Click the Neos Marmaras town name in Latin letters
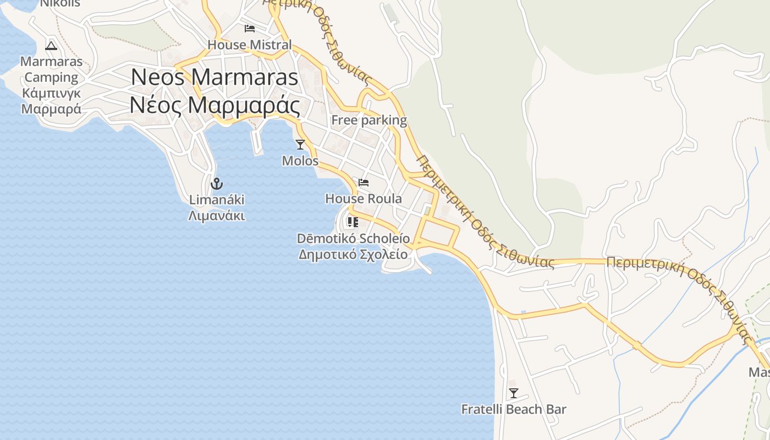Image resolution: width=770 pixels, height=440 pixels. [215, 77]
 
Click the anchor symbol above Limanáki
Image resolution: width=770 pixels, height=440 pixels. [216, 183]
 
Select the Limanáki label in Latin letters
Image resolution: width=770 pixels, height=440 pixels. [217, 200]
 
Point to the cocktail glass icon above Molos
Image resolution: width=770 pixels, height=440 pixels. [300, 145]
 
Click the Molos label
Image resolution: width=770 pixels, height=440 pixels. [300, 161]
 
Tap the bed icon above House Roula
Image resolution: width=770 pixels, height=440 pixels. [364, 183]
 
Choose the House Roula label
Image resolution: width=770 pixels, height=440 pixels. [364, 199]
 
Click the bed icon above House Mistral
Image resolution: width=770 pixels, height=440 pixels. [250, 29]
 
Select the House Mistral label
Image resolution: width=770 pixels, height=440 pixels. [250, 45]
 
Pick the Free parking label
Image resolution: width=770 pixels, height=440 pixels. [369, 120]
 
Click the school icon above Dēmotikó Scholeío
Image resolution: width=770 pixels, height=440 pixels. [353, 222]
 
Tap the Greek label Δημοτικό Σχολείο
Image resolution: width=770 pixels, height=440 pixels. [353, 255]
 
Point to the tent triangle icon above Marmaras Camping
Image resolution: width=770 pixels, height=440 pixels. [51, 46]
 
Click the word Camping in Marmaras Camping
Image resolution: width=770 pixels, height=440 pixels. [51, 77]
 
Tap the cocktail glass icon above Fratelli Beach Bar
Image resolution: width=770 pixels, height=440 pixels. [514, 393]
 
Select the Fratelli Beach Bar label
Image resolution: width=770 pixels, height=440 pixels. [514, 409]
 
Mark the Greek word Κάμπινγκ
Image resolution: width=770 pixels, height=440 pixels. [51, 93]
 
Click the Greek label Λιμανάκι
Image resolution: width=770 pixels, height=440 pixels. [217, 216]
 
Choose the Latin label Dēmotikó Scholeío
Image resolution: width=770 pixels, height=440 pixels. [353, 239]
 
